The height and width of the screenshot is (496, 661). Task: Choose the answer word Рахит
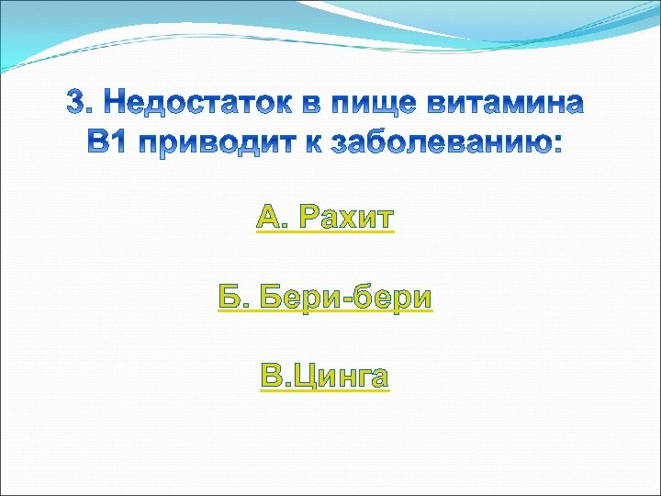pyautogui.click(x=348, y=218)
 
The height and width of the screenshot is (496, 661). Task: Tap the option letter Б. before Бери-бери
pyautogui.click(x=233, y=298)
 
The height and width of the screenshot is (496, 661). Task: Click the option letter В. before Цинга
pyautogui.click(x=274, y=377)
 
